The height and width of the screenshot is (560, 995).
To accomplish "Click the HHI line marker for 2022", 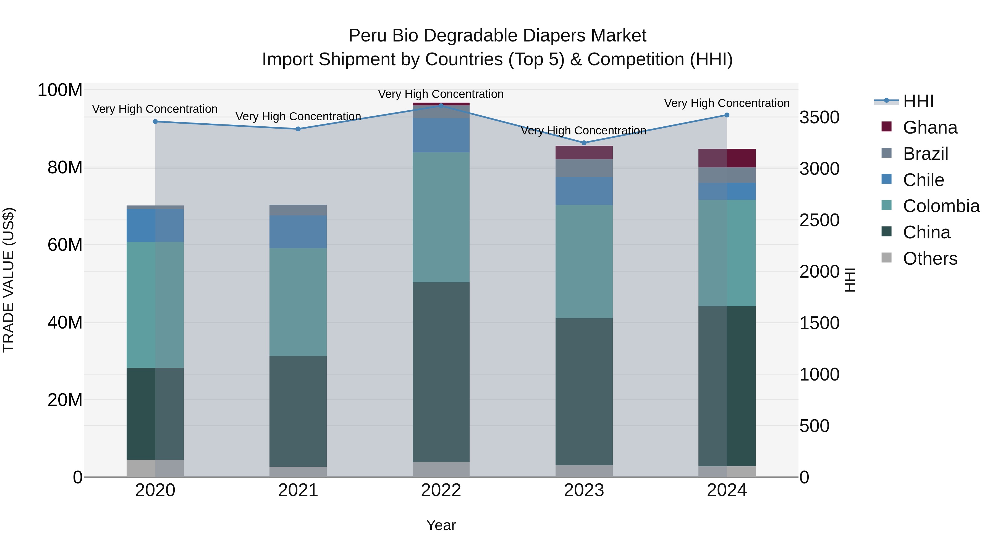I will pyautogui.click(x=441, y=106).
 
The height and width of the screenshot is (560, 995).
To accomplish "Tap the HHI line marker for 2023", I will pyautogui.click(x=584, y=143).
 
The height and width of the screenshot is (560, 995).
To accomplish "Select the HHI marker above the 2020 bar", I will pyautogui.click(x=155, y=122).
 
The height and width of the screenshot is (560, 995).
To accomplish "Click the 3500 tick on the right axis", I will pyautogui.click(x=819, y=118).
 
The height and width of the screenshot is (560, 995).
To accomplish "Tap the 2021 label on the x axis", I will pyautogui.click(x=298, y=490).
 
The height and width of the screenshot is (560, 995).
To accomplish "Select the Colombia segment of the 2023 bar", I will pyautogui.click(x=584, y=262).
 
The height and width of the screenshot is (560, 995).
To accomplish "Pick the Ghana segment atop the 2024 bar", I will pyautogui.click(x=727, y=158).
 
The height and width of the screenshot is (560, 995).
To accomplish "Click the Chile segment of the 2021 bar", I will pyautogui.click(x=298, y=231).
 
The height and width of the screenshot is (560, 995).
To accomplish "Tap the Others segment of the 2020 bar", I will pyautogui.click(x=155, y=468).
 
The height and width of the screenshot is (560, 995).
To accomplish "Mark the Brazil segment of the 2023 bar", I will pyautogui.click(x=584, y=168).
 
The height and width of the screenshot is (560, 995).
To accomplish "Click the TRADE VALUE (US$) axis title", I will pyautogui.click(x=9, y=280).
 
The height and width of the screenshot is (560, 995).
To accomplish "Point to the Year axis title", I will pyautogui.click(x=441, y=525).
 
